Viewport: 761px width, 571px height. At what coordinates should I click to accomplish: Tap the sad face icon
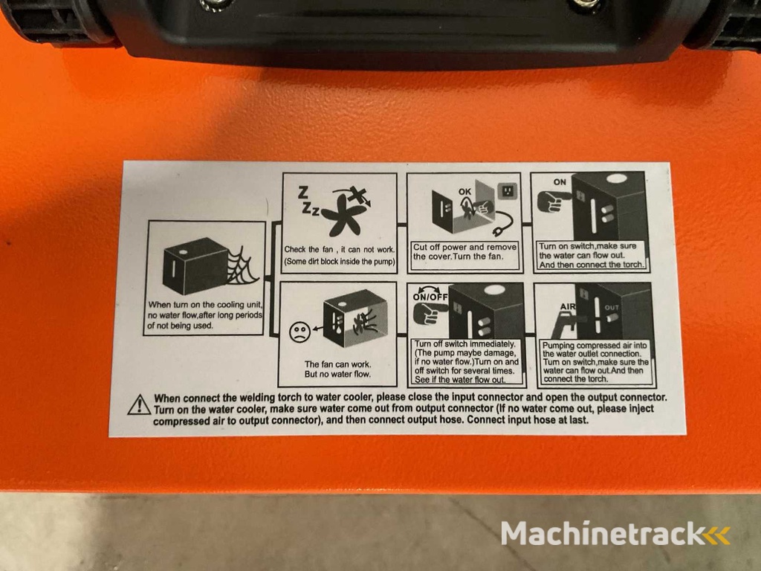[x=299, y=332]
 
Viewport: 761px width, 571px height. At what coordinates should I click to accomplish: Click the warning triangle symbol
[x=139, y=404]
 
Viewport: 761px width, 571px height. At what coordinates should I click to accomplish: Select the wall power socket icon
[x=507, y=190]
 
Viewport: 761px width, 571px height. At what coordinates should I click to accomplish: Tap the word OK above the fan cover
[x=465, y=192]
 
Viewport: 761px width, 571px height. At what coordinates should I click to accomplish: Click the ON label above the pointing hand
[x=560, y=182]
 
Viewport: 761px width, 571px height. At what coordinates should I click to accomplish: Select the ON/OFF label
[x=430, y=297]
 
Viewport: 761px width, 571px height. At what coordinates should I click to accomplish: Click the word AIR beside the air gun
[x=567, y=307]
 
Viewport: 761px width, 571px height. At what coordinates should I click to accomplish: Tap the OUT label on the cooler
[x=612, y=308]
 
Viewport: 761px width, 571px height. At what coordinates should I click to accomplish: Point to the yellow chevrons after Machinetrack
[x=717, y=535]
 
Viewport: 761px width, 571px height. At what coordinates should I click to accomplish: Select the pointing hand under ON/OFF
[x=430, y=314]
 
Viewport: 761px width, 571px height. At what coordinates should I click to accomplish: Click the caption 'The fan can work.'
[x=338, y=364]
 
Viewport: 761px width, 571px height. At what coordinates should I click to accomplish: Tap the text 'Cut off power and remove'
[x=464, y=247]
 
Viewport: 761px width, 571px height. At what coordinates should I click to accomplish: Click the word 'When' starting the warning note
[x=167, y=399]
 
